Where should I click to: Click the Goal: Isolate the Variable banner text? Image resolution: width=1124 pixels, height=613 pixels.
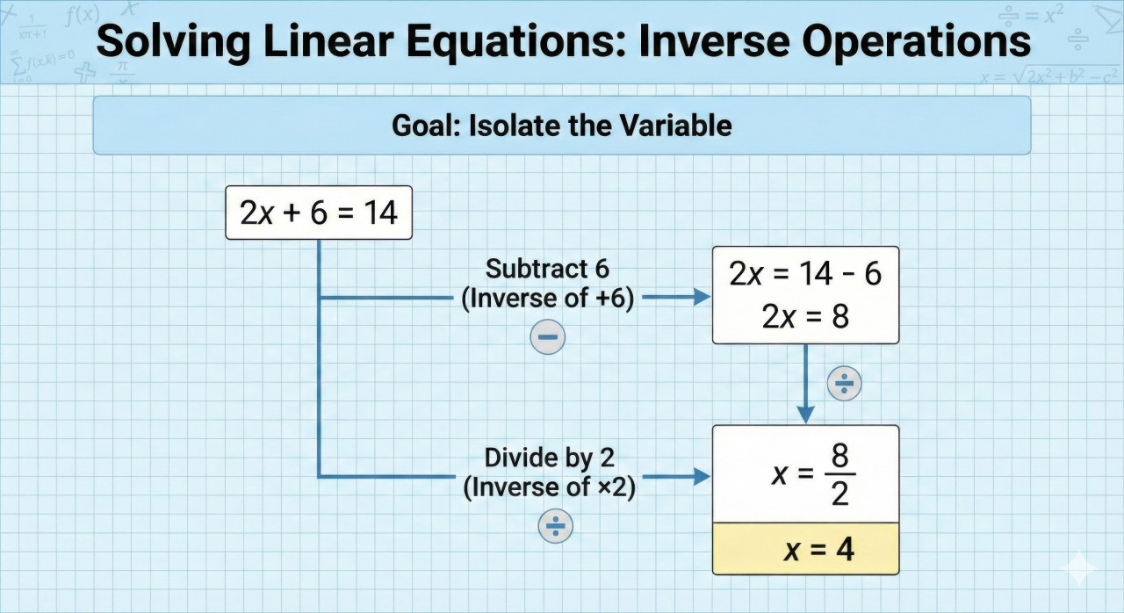tap(561, 126)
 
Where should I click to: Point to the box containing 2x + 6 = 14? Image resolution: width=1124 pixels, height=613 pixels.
tap(318, 213)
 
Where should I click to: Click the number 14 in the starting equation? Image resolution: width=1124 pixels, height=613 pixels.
tap(380, 213)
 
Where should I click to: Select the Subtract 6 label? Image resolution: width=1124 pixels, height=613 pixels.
tap(547, 268)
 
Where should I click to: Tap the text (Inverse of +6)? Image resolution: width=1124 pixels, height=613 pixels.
tap(547, 299)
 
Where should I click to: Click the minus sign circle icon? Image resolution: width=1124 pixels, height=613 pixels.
tap(548, 337)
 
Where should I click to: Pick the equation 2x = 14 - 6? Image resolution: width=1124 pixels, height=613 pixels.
tap(804, 275)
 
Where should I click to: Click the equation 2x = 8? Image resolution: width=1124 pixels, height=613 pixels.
tap(804, 316)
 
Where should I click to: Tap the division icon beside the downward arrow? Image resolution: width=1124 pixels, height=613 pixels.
tap(845, 384)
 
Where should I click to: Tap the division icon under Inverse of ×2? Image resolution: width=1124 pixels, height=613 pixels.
tap(555, 526)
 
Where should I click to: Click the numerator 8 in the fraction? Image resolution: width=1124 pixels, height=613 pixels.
tap(839, 457)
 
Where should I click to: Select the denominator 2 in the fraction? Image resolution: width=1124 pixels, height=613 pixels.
tap(839, 494)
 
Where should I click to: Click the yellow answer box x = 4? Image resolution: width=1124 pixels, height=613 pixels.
tap(805, 549)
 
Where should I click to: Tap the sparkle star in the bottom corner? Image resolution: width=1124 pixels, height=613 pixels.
tap(1077, 568)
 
